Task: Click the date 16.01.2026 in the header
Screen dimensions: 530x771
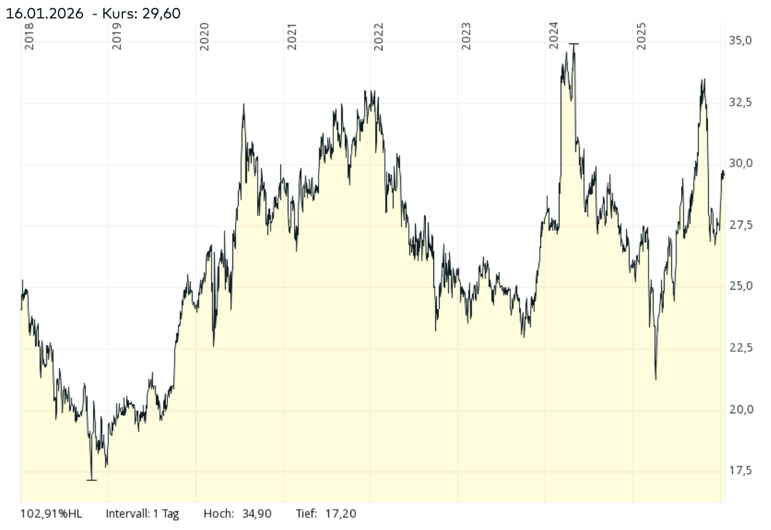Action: (x=44, y=13)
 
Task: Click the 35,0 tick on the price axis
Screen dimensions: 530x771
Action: (x=741, y=41)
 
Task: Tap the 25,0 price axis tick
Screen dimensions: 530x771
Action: (x=741, y=287)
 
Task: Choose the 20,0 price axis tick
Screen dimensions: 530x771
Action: (x=741, y=409)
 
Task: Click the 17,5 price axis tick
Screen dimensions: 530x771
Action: (x=741, y=471)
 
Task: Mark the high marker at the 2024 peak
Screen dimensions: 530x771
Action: (x=574, y=44)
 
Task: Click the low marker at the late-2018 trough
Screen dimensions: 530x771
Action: (x=92, y=480)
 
